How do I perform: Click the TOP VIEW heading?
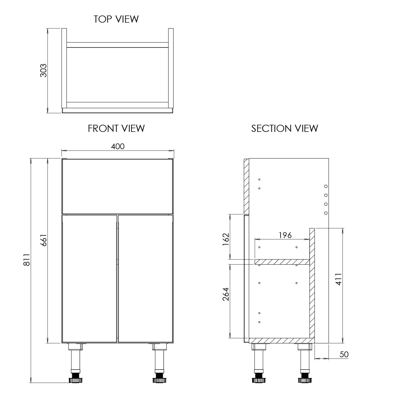116,19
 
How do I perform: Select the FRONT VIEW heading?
116,128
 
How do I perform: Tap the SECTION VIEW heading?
284,128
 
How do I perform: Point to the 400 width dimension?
118,146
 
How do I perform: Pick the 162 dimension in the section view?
226,239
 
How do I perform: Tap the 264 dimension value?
226,294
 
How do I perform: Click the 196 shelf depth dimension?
285,235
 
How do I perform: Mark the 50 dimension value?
344,355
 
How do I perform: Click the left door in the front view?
89,278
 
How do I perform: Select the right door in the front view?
146,278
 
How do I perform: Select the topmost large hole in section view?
326,186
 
